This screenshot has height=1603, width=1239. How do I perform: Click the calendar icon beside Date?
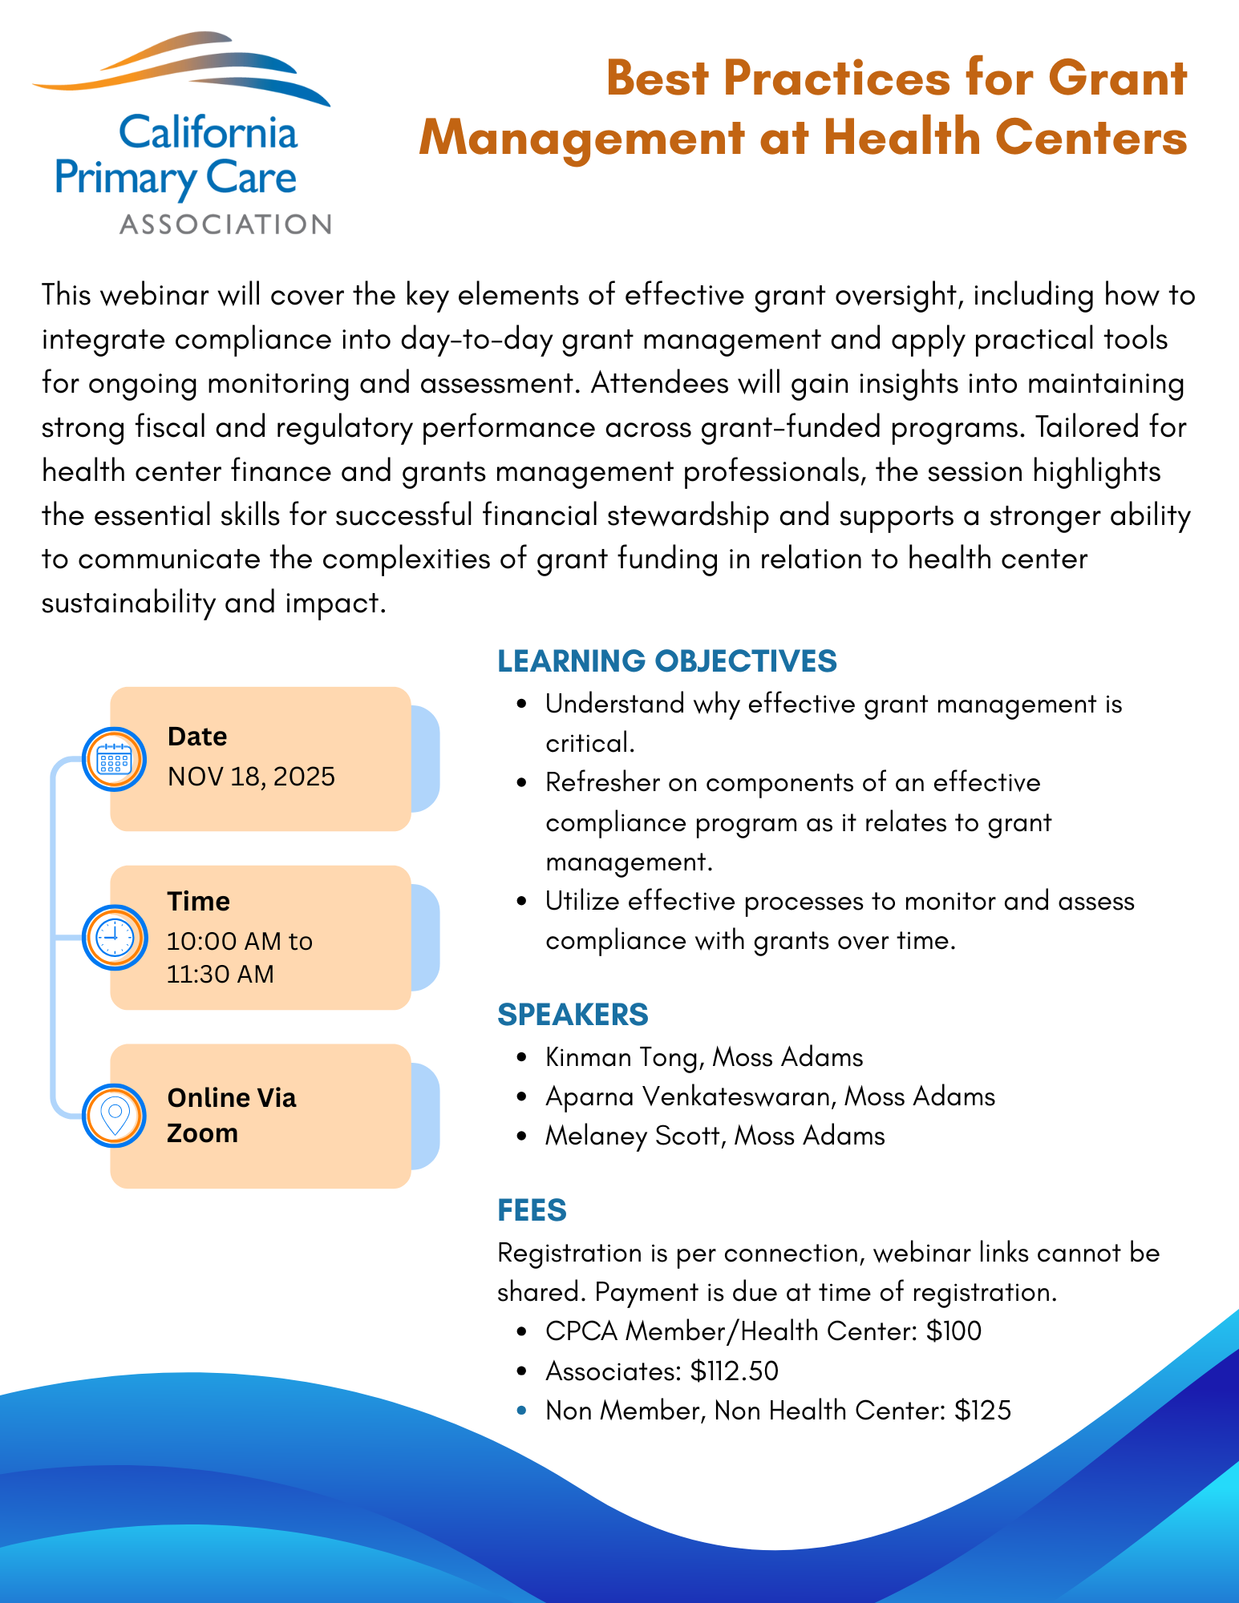[114, 759]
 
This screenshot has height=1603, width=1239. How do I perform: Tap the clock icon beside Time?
[114, 937]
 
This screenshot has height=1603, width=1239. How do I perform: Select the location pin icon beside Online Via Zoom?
[114, 1115]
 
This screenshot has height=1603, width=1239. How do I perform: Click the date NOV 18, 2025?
[251, 777]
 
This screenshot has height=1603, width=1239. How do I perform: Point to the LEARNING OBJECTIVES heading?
[666, 661]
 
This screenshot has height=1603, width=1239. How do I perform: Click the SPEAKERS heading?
[573, 1015]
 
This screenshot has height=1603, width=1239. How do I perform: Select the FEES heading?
[532, 1210]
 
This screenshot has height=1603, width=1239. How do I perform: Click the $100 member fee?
[954, 1331]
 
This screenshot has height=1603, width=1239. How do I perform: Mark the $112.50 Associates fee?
[735, 1371]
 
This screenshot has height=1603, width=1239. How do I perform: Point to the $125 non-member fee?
[983, 1411]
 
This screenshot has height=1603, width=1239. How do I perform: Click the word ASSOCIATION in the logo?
[225, 224]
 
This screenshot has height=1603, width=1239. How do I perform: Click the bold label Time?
[199, 902]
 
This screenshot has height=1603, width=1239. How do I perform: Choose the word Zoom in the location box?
[202, 1133]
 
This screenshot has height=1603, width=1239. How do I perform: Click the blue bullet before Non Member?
[522, 1411]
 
